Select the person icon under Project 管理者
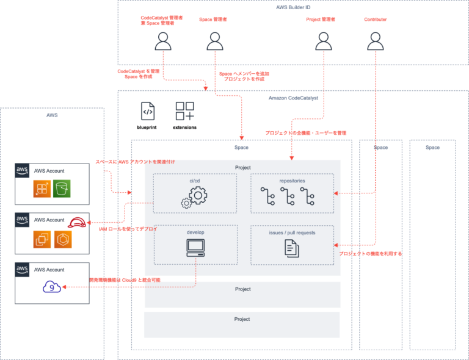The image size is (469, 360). pos(323,41)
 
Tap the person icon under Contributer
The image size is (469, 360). pos(375,41)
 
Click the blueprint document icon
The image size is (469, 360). pos(147,111)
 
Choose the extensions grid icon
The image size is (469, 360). pos(184,111)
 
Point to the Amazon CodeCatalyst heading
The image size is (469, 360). pos(293,98)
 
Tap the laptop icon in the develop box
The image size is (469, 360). pos(195,247)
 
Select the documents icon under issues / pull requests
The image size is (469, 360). pos(292,247)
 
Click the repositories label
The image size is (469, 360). pos(292,181)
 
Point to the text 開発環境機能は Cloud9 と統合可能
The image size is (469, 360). pos(125,280)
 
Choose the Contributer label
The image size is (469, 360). pos(375,20)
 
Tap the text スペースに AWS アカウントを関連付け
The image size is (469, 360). pos(135,162)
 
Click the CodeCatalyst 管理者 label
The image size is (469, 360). pos(161,19)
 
